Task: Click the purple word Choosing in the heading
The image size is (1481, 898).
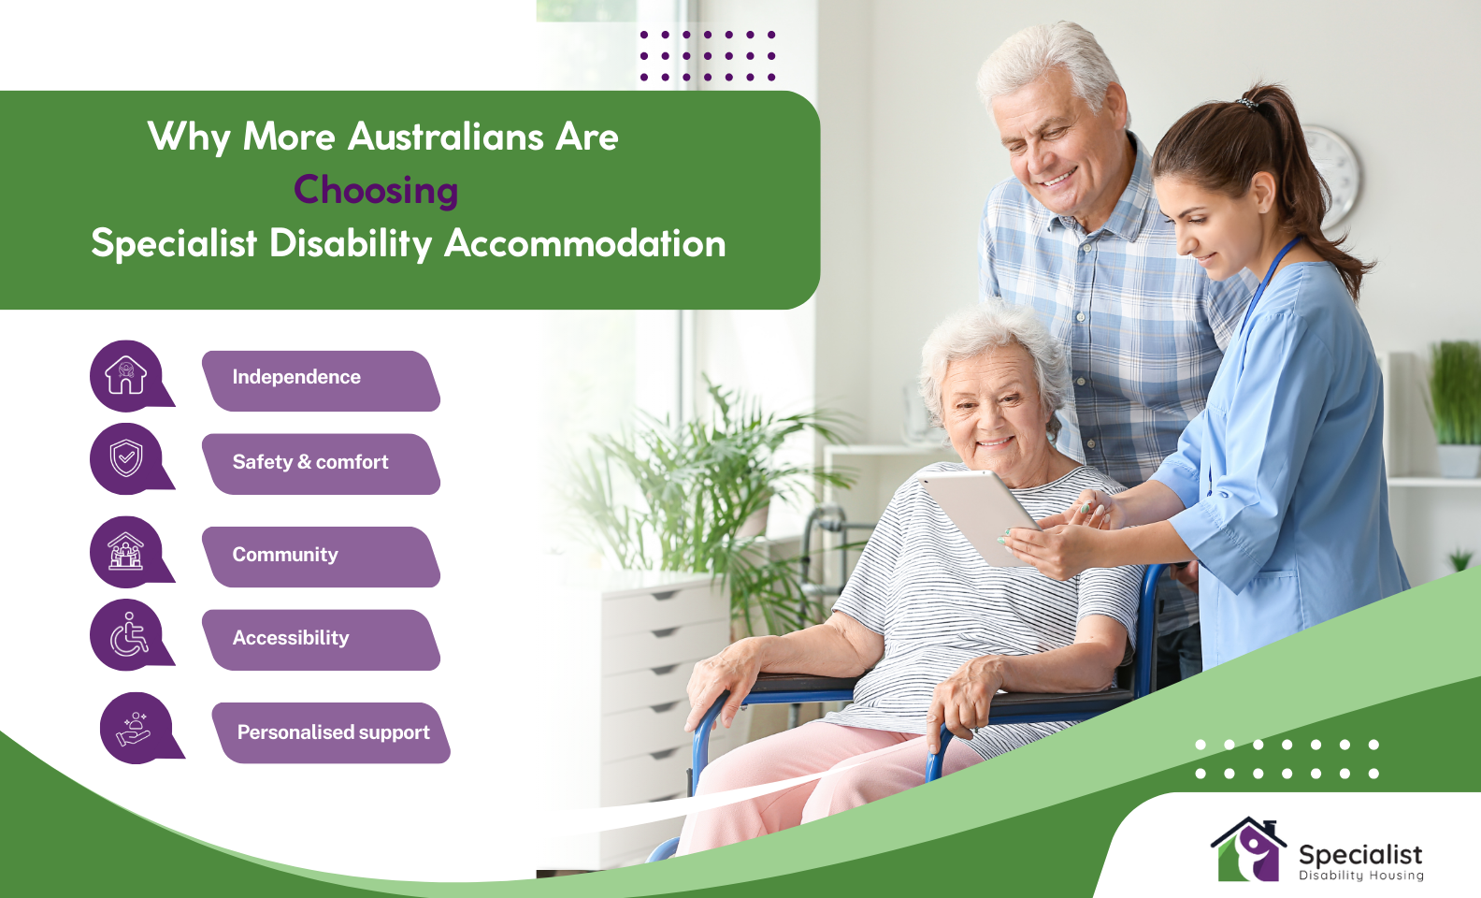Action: [376, 190]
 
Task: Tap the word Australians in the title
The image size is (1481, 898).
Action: [446, 138]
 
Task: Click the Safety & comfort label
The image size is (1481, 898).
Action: [321, 463]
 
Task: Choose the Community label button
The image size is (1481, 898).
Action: [321, 556]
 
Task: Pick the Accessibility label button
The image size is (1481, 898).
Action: [321, 639]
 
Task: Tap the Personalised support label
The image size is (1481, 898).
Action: [331, 732]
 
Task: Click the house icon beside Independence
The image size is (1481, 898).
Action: [126, 375]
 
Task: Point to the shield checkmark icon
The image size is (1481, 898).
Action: [126, 458]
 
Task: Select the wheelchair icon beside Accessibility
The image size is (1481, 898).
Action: [128, 635]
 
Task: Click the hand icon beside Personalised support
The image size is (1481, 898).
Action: [135, 729]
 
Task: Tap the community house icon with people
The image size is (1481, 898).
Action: [126, 551]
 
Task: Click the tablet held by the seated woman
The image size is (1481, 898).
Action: [977, 514]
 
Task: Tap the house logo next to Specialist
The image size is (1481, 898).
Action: [1248, 850]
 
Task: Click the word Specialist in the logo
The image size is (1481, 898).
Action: [1360, 854]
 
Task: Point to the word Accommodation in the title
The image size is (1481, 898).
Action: [585, 244]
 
